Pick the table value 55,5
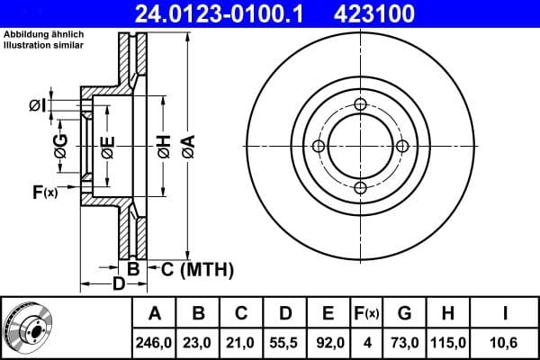click(285, 343)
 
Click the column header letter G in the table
click(404, 314)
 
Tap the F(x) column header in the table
click(366, 314)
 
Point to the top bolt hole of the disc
click(360, 104)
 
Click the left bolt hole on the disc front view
click(319, 146)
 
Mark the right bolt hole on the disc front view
click(401, 146)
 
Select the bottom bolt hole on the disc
click(360, 187)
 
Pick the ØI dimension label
click(36, 106)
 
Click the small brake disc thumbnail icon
click(27, 328)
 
